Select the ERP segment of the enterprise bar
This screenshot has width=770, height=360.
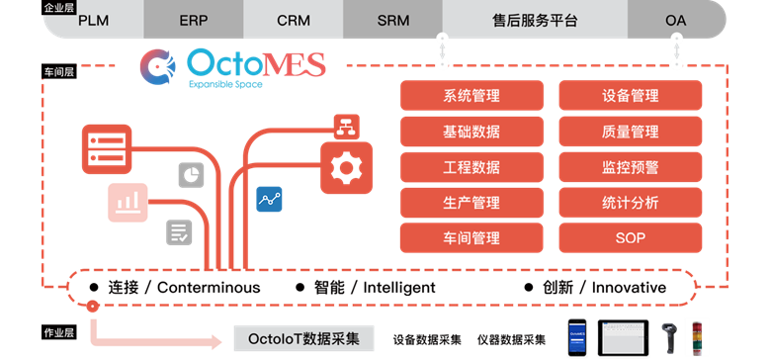point(194,20)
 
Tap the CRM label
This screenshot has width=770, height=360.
point(294,20)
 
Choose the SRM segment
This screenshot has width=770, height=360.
point(392,20)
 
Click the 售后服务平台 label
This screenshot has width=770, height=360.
point(535,20)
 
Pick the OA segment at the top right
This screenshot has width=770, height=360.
point(676,20)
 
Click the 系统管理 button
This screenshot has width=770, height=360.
point(471,97)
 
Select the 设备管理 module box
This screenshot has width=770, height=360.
point(631,97)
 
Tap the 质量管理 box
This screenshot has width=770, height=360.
point(631,132)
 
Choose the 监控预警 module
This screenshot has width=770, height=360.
point(631,167)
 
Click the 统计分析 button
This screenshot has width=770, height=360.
point(631,203)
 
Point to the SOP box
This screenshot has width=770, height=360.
point(631,238)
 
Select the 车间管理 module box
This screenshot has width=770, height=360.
point(471,238)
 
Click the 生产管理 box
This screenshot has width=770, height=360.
point(471,203)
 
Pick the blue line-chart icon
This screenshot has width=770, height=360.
point(269,199)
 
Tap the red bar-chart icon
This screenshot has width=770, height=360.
point(128,202)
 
